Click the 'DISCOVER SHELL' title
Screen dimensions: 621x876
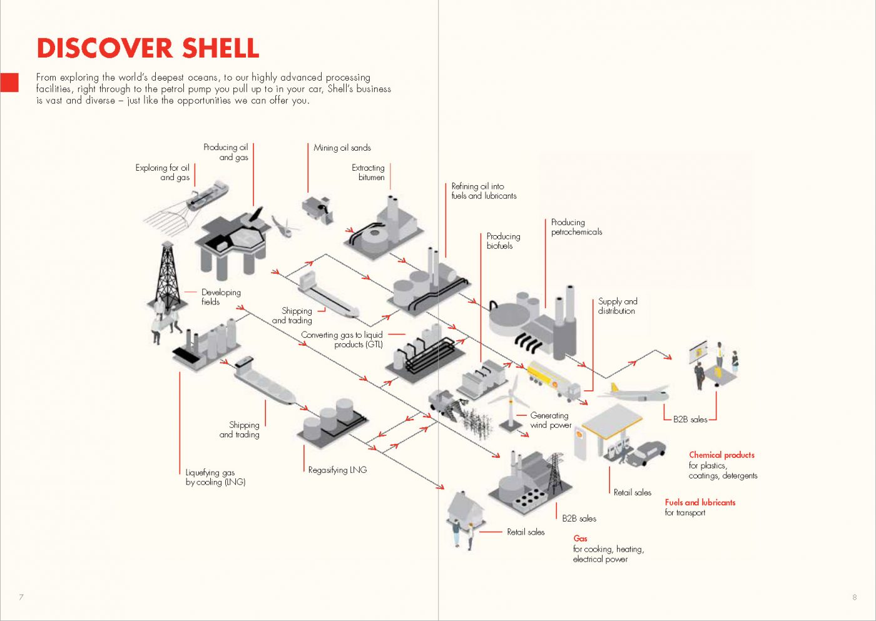(148, 48)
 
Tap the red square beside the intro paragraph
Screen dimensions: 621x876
(9, 83)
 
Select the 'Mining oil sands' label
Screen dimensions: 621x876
(342, 148)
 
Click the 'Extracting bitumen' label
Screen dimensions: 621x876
(369, 173)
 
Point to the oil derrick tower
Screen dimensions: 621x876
(167, 275)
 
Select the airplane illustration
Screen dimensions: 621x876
(633, 393)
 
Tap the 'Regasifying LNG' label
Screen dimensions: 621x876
(337, 470)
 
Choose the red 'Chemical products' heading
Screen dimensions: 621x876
(721, 455)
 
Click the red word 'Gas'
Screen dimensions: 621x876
(580, 538)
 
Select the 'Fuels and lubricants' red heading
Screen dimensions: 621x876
(700, 503)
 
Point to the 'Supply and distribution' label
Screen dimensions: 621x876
(617, 306)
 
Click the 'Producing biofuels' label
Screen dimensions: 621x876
(503, 241)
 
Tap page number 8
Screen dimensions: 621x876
(854, 597)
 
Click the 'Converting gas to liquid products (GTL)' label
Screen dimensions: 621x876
(342, 340)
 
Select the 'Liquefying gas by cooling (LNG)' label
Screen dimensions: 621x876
(215, 477)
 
